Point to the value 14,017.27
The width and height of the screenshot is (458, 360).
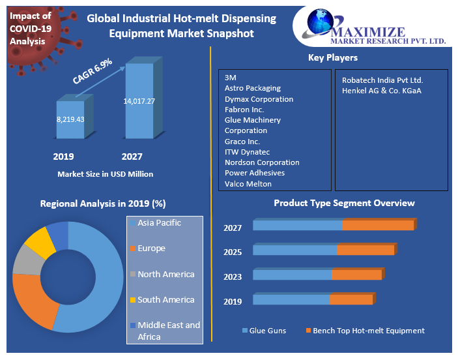coord(139,101)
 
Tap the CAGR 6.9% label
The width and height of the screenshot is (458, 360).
coord(93,72)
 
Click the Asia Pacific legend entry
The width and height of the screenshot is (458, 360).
coord(159,223)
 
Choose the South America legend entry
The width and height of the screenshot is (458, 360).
coord(165,300)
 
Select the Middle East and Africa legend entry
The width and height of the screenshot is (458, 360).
coord(168,331)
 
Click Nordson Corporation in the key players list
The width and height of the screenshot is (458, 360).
coord(262,162)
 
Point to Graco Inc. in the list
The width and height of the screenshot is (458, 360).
coord(242,142)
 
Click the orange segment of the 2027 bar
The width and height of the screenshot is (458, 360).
coord(378,226)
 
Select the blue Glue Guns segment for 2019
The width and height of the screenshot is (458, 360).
coord(291,300)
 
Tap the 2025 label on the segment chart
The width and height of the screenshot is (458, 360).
coord(233,252)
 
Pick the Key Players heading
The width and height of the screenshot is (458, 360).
coord(332,58)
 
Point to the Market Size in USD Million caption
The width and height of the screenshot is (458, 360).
coord(105,174)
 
